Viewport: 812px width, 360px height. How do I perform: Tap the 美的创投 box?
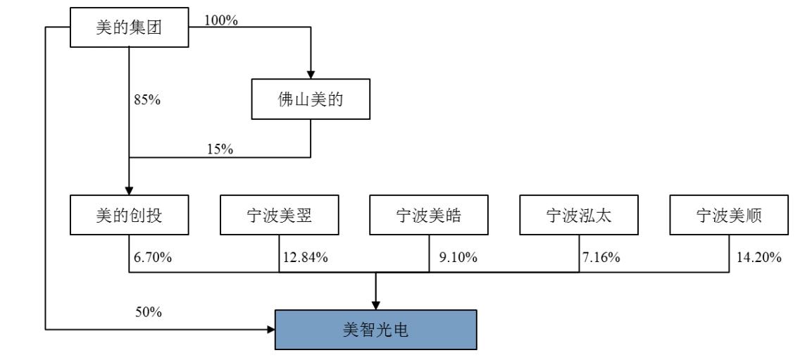click(x=129, y=216)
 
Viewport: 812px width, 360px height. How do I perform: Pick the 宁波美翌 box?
click(x=280, y=216)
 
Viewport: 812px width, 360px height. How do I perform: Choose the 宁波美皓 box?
click(x=430, y=216)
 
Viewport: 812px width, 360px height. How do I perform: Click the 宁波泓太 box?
click(x=579, y=216)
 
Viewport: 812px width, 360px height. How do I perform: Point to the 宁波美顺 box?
click(x=729, y=216)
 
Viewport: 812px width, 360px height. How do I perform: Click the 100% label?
click(x=221, y=20)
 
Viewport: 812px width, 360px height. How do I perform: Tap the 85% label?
click(x=147, y=100)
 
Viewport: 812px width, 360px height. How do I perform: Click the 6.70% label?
click(x=153, y=257)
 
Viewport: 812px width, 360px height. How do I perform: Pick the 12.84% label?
click(x=306, y=257)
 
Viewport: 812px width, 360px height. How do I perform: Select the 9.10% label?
click(x=458, y=257)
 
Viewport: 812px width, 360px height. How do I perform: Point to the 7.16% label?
click(x=601, y=257)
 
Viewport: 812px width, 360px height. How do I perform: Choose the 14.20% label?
click(x=759, y=257)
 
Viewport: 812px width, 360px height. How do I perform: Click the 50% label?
click(x=149, y=311)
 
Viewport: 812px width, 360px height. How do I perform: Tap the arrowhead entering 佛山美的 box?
click(x=311, y=74)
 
